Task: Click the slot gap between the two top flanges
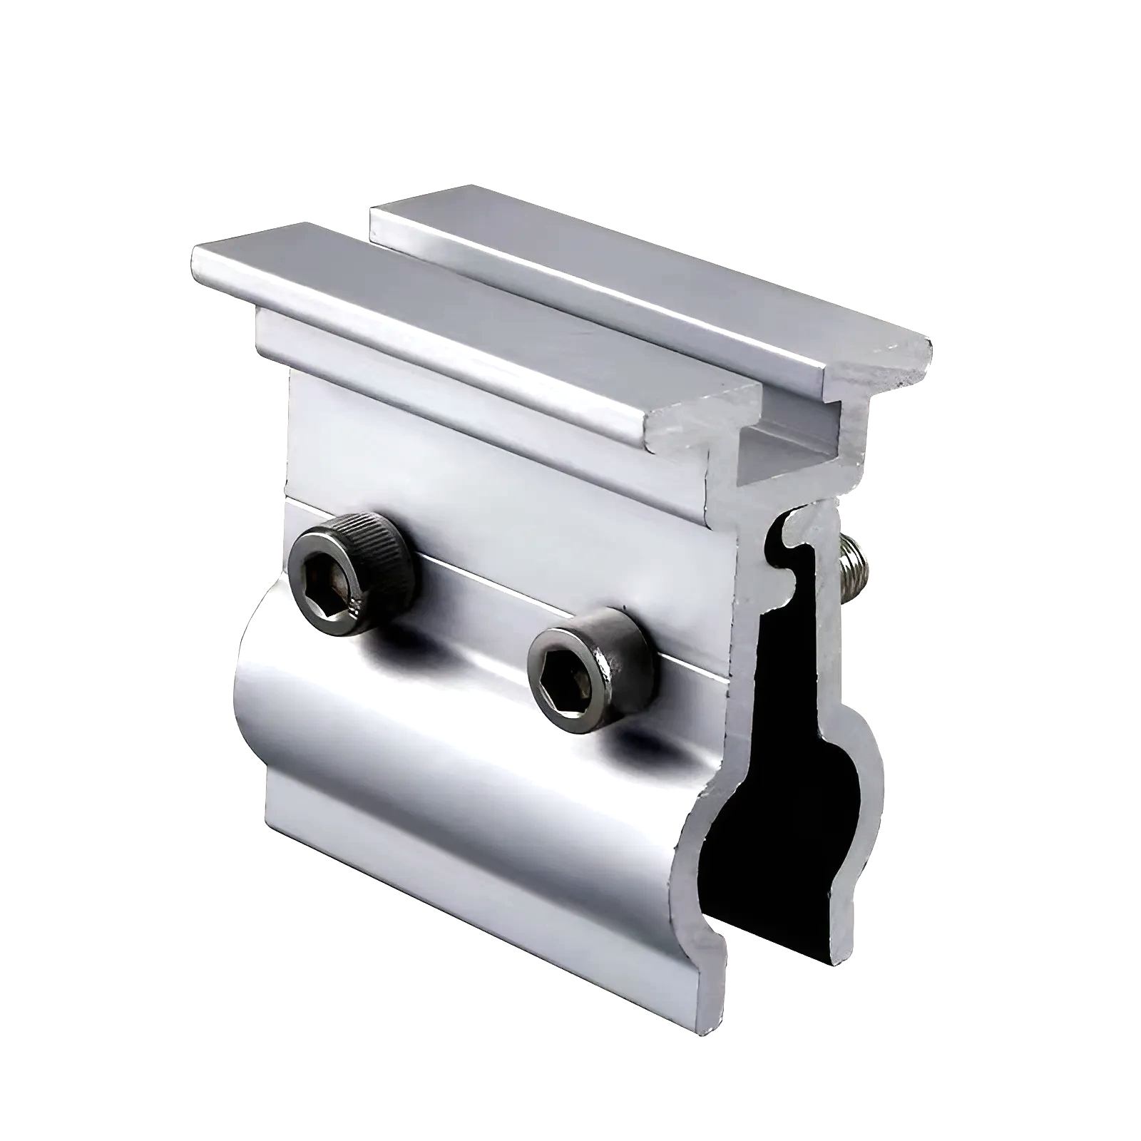[x=570, y=307]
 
